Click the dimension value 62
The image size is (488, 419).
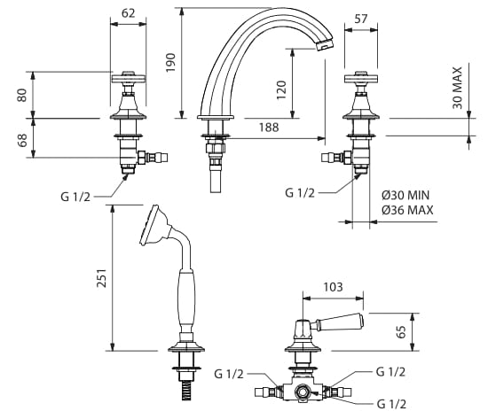click(x=128, y=13)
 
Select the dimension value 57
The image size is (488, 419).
click(x=361, y=19)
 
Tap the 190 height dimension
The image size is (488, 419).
click(x=170, y=63)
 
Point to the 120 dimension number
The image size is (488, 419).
click(x=281, y=89)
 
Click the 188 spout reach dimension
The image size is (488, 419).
click(x=269, y=128)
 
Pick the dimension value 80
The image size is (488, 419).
click(x=22, y=96)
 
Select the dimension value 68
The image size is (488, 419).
click(x=22, y=140)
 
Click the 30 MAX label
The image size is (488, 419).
click(x=457, y=88)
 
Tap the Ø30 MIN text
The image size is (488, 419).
click(x=405, y=195)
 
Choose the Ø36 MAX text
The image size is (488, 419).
click(x=407, y=210)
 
